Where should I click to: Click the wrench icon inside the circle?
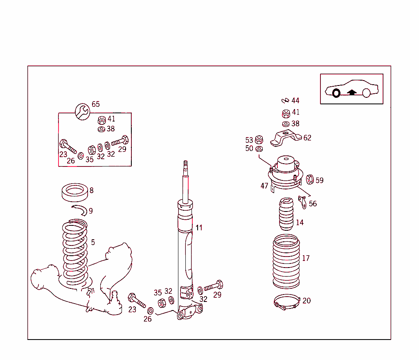tap(83, 111)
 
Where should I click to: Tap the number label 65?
tap(95, 104)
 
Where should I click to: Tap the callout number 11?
tap(199, 228)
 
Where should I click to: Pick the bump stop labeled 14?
tap(286, 214)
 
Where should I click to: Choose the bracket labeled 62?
tap(286, 137)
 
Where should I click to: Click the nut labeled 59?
tap(310, 179)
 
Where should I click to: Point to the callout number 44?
tap(295, 101)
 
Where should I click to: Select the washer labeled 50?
tap(259, 148)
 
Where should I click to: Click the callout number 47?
tap(264, 186)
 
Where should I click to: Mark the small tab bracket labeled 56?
tap(303, 201)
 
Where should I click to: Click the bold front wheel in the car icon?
tap(336, 93)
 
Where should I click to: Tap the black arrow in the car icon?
tap(351, 92)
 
